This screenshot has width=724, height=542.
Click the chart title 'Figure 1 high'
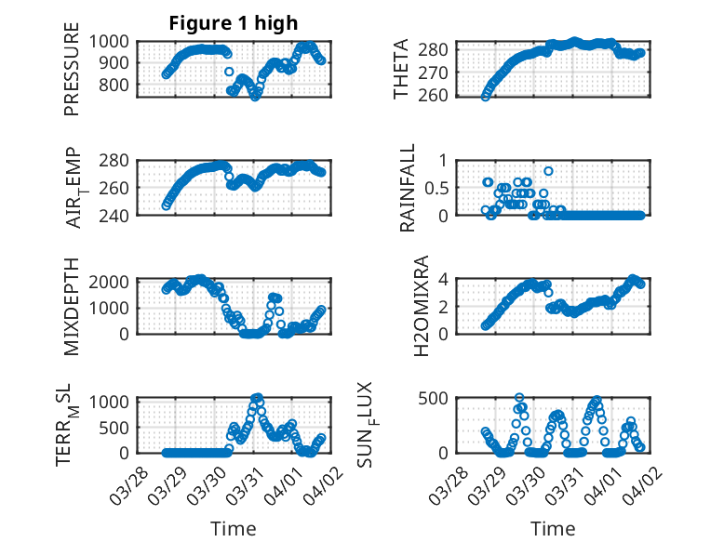pyautogui.click(x=234, y=23)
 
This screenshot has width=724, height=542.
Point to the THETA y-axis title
pyautogui.click(x=401, y=69)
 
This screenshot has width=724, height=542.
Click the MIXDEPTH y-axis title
pyautogui.click(x=72, y=306)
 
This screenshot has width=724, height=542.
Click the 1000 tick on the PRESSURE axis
pyautogui.click(x=114, y=41)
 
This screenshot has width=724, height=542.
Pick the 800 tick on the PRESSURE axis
pyautogui.click(x=119, y=85)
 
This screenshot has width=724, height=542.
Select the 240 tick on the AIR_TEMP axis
pyautogui.click(x=119, y=214)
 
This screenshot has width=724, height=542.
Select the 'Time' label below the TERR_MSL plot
pyautogui.click(x=234, y=528)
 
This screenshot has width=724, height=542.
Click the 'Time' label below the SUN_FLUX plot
pyautogui.click(x=553, y=528)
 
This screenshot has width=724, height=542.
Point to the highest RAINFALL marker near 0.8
pyautogui.click(x=549, y=171)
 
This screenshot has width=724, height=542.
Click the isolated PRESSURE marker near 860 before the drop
pyautogui.click(x=229, y=72)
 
